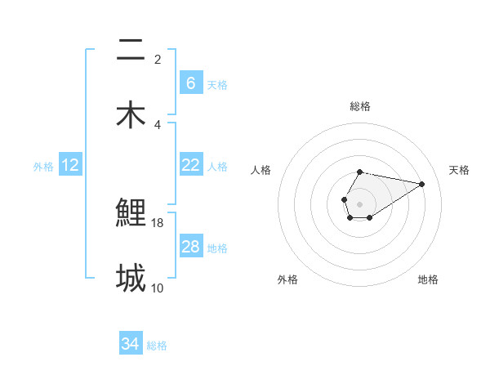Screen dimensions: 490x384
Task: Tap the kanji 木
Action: (x=130, y=114)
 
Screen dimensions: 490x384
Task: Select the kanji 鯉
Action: (x=131, y=212)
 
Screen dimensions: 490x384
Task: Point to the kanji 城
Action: (x=131, y=278)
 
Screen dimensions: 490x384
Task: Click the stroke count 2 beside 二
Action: (x=158, y=59)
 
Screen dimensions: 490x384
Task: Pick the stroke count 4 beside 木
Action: (x=158, y=124)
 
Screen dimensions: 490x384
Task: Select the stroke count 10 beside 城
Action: (x=158, y=288)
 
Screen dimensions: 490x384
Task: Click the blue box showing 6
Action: (x=190, y=83)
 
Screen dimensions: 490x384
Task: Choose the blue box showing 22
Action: (x=190, y=165)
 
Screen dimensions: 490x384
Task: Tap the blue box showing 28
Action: (x=190, y=247)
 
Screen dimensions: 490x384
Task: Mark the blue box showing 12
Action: (x=69, y=165)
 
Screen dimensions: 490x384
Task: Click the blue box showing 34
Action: (x=130, y=345)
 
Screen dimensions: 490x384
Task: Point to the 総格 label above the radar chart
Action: (x=360, y=106)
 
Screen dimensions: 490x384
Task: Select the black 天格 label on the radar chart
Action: (x=459, y=170)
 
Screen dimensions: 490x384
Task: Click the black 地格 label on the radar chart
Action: (x=428, y=279)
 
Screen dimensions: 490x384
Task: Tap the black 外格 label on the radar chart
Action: (x=287, y=279)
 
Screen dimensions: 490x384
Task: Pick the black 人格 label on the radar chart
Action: (x=261, y=170)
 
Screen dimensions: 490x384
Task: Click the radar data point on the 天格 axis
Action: (x=422, y=184)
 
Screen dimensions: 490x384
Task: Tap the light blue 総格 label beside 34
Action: (x=157, y=346)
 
